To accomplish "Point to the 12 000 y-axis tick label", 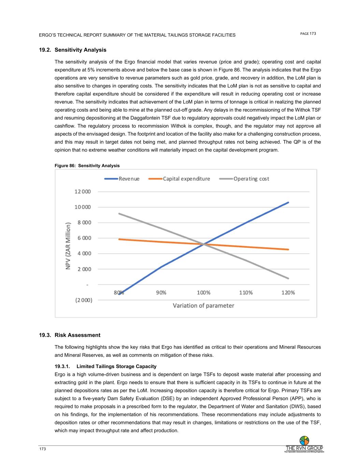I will pos(83,192).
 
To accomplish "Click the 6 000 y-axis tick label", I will pos(84,238).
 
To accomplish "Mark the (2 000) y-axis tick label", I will pos(84,300).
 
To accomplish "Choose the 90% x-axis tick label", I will pos(161,293).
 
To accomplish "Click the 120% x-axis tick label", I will pos(288,293).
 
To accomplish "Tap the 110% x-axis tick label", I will pos(246,293).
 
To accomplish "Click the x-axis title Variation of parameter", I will pos(203,306).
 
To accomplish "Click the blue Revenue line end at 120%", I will pos(288,202).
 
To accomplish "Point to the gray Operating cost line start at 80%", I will pos(119,214).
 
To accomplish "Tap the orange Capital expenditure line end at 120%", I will pos(288,250).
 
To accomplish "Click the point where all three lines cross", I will pos(204,244).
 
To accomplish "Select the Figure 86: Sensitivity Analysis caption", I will pos(87,166).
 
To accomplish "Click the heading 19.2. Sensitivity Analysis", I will pos(73,50).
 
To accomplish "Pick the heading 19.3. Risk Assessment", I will pos(70,335).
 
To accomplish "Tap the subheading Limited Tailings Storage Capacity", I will pos(116,366).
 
